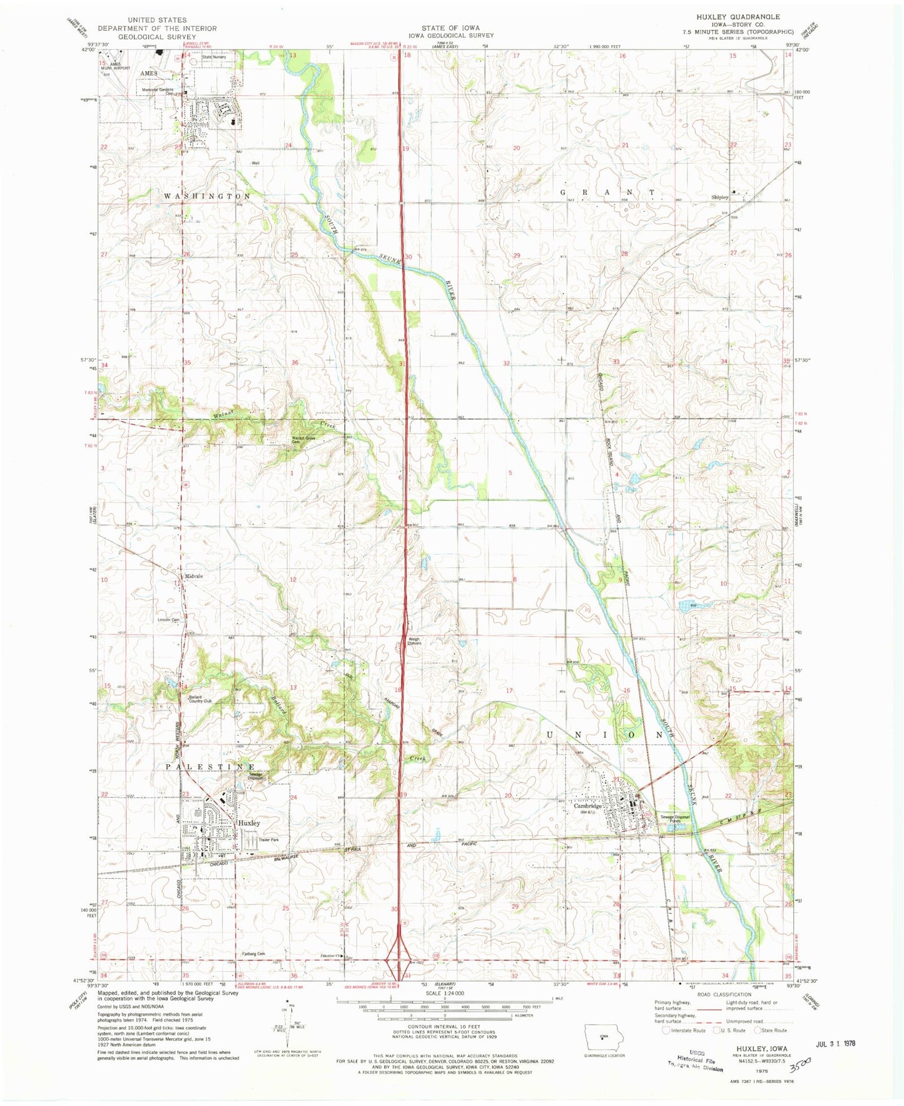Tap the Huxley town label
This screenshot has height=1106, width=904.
(249, 823)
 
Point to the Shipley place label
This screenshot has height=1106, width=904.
(719, 197)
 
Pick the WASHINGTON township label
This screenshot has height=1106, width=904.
(207, 196)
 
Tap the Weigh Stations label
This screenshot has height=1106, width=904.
(407, 641)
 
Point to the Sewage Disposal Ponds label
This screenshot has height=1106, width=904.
(677, 819)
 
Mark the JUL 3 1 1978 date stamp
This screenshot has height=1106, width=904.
(835, 1043)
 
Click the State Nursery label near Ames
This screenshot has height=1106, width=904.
(214, 57)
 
